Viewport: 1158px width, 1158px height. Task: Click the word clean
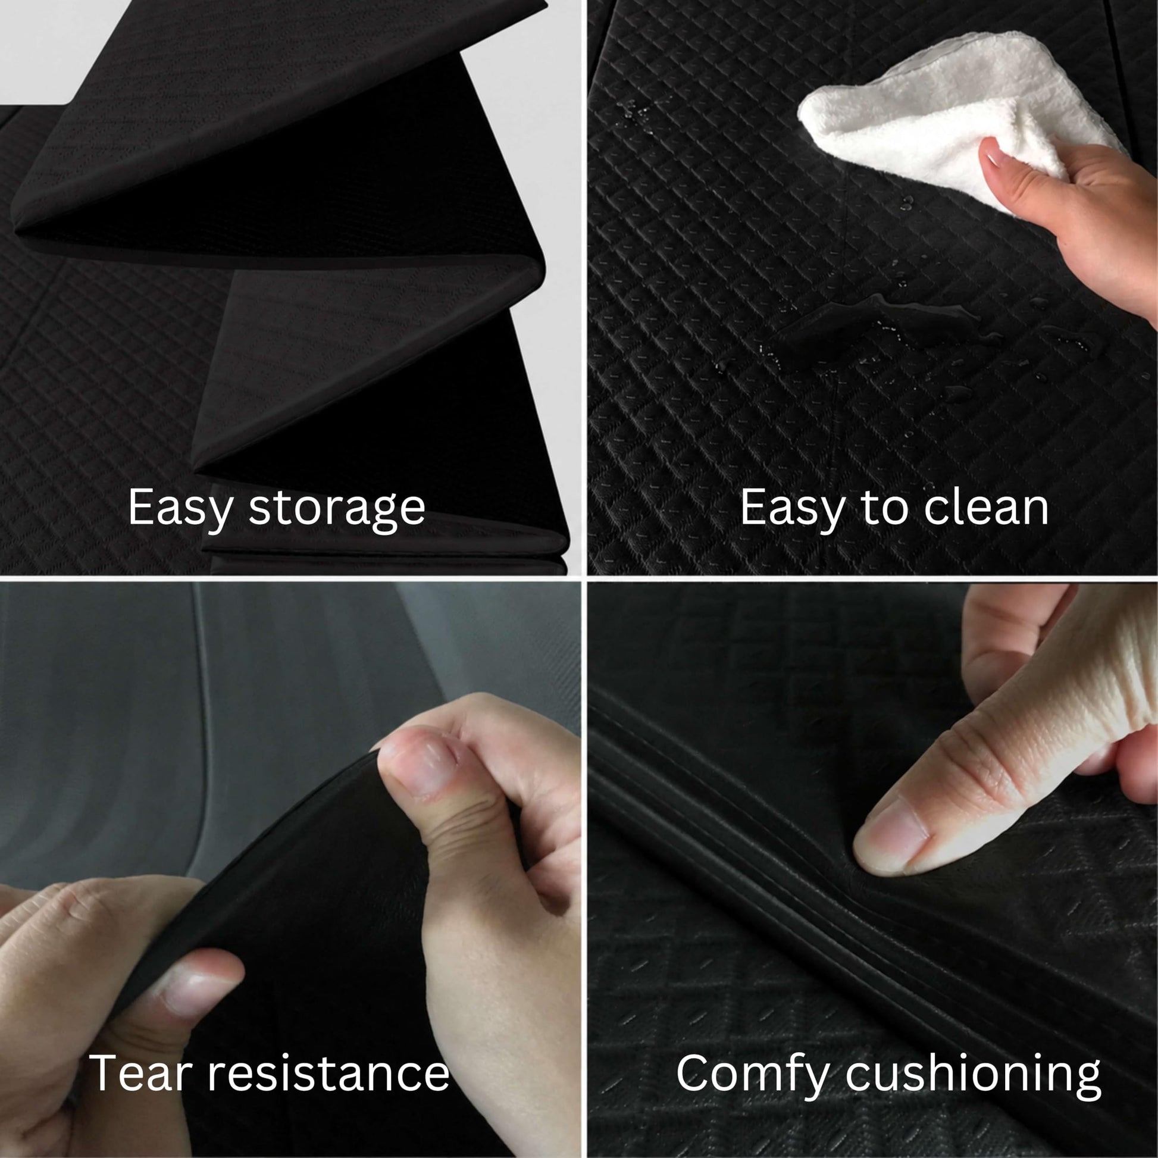pos(986,508)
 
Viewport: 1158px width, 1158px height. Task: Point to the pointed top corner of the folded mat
pos(546,5)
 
